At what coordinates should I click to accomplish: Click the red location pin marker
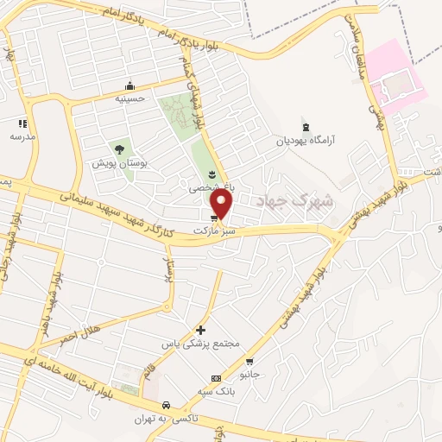[x=222, y=205]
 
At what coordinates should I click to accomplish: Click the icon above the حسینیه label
[x=129, y=85]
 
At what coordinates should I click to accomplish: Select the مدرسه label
[x=22, y=136]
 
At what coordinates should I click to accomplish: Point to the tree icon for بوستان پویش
[x=115, y=148]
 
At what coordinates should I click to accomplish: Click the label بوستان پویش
[x=115, y=162]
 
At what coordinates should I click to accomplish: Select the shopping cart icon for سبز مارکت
[x=213, y=218]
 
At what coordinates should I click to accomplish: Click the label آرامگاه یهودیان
[x=303, y=140]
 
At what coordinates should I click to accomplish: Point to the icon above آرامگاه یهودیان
[x=303, y=126]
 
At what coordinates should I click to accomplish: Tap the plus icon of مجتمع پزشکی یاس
[x=200, y=330]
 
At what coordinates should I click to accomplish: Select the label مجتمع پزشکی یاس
[x=200, y=344]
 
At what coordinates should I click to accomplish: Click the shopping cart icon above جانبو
[x=249, y=362]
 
